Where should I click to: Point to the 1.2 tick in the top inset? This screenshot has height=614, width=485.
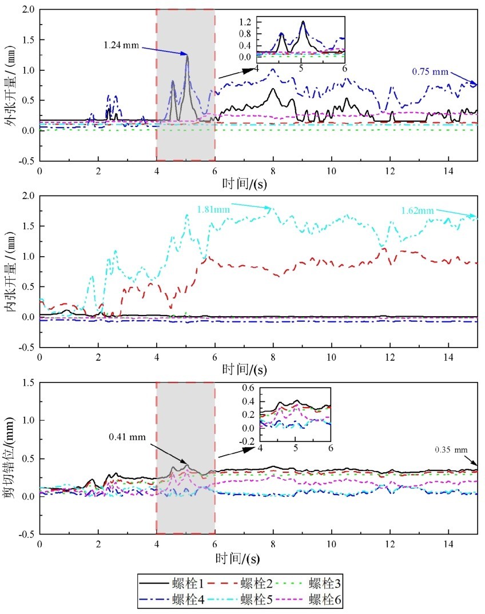pos(246,23)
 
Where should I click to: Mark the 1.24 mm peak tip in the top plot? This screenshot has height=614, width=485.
pos(186,55)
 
